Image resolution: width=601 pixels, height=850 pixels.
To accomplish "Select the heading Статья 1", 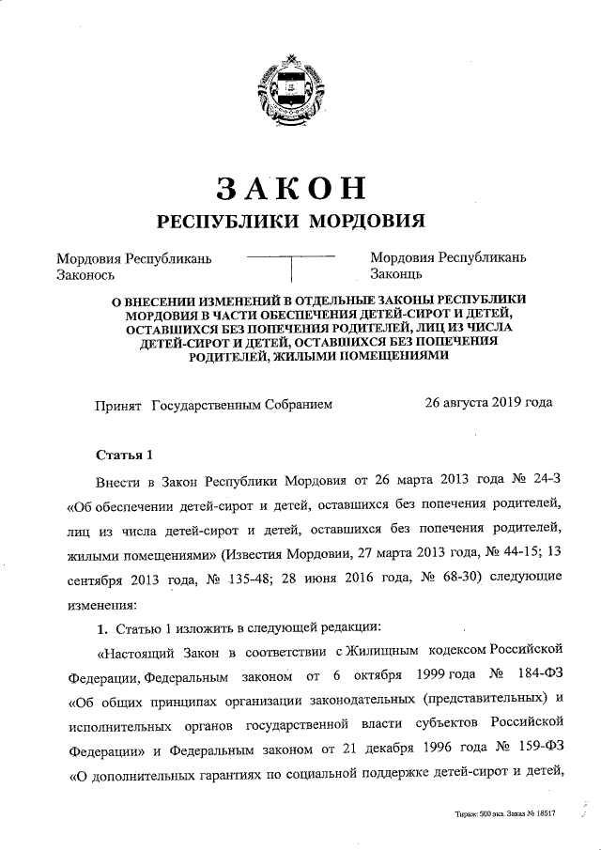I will click(x=124, y=456).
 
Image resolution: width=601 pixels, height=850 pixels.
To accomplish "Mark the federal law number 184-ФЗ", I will click(x=540, y=676).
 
